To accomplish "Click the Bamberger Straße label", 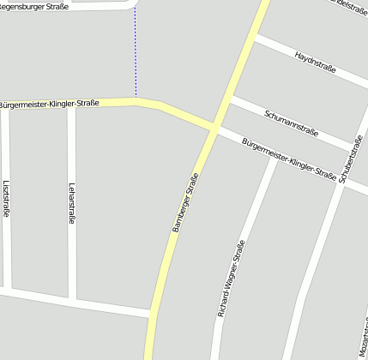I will [x=186, y=201].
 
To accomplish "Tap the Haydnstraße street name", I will [x=315, y=62].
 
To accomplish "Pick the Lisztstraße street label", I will [x=6, y=199].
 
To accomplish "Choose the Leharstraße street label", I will [x=72, y=203].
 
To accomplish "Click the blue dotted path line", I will [x=136, y=51].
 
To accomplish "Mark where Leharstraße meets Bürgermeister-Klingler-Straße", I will [x=72, y=105].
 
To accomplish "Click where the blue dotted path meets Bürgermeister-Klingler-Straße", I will [x=136, y=100].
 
